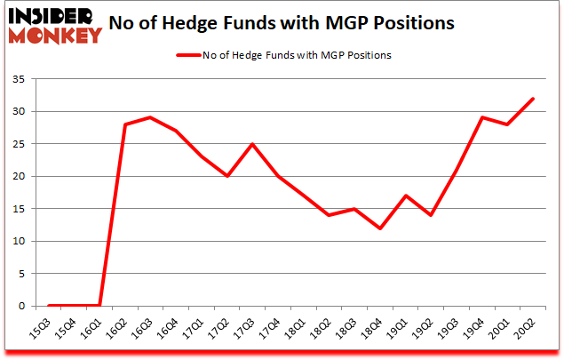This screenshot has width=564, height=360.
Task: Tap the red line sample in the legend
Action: click(x=191, y=54)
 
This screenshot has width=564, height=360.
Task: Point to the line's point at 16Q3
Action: click(x=151, y=117)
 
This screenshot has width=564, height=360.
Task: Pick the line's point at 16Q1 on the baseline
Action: click(x=99, y=306)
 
